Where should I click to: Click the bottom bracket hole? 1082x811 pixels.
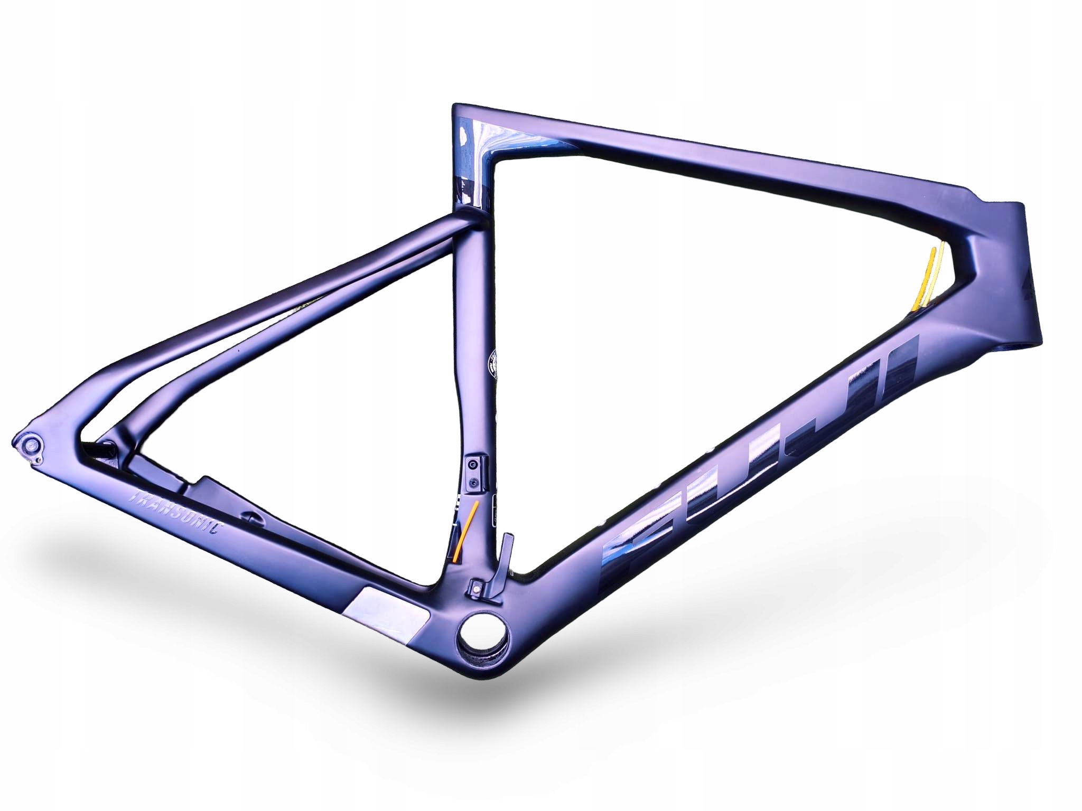[x=484, y=630]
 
